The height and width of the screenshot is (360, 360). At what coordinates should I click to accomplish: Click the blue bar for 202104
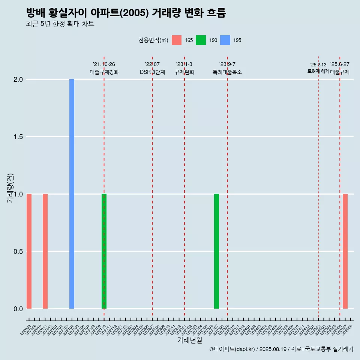pyautogui.click(x=72, y=194)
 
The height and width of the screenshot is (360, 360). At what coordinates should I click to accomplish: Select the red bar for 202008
pyautogui.click(x=29, y=251)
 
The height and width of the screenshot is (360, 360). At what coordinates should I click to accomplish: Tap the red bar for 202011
pyautogui.click(x=45, y=251)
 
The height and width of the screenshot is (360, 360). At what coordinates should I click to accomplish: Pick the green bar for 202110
pyautogui.click(x=104, y=251)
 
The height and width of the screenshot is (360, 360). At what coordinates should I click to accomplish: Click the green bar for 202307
pyautogui.click(x=216, y=251)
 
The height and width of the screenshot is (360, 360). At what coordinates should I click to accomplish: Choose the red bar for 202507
pyautogui.click(x=345, y=251)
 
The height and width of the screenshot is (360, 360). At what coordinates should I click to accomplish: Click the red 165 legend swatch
pyautogui.click(x=177, y=40)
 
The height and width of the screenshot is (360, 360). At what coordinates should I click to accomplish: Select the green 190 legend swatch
pyautogui.click(x=201, y=40)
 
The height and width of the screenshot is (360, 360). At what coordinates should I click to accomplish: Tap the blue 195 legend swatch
pyautogui.click(x=225, y=40)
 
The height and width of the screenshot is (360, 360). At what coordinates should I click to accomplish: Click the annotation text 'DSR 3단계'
pyautogui.click(x=152, y=72)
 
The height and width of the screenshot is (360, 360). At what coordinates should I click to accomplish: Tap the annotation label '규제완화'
pyautogui.click(x=184, y=72)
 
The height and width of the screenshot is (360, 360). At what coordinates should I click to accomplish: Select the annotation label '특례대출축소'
pyautogui.click(x=227, y=72)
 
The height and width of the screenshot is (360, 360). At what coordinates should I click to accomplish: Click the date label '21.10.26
pyautogui.click(x=104, y=64)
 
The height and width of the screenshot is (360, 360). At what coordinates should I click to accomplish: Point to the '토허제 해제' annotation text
pyautogui.click(x=318, y=71)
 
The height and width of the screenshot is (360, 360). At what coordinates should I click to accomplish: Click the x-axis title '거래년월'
pyautogui.click(x=189, y=340)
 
